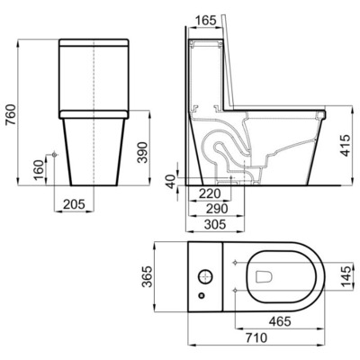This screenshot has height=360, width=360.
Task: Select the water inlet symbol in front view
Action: click(x=57, y=155)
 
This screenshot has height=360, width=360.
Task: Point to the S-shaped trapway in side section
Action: click(x=225, y=148)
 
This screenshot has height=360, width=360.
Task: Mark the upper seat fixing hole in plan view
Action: click(x=235, y=264)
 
